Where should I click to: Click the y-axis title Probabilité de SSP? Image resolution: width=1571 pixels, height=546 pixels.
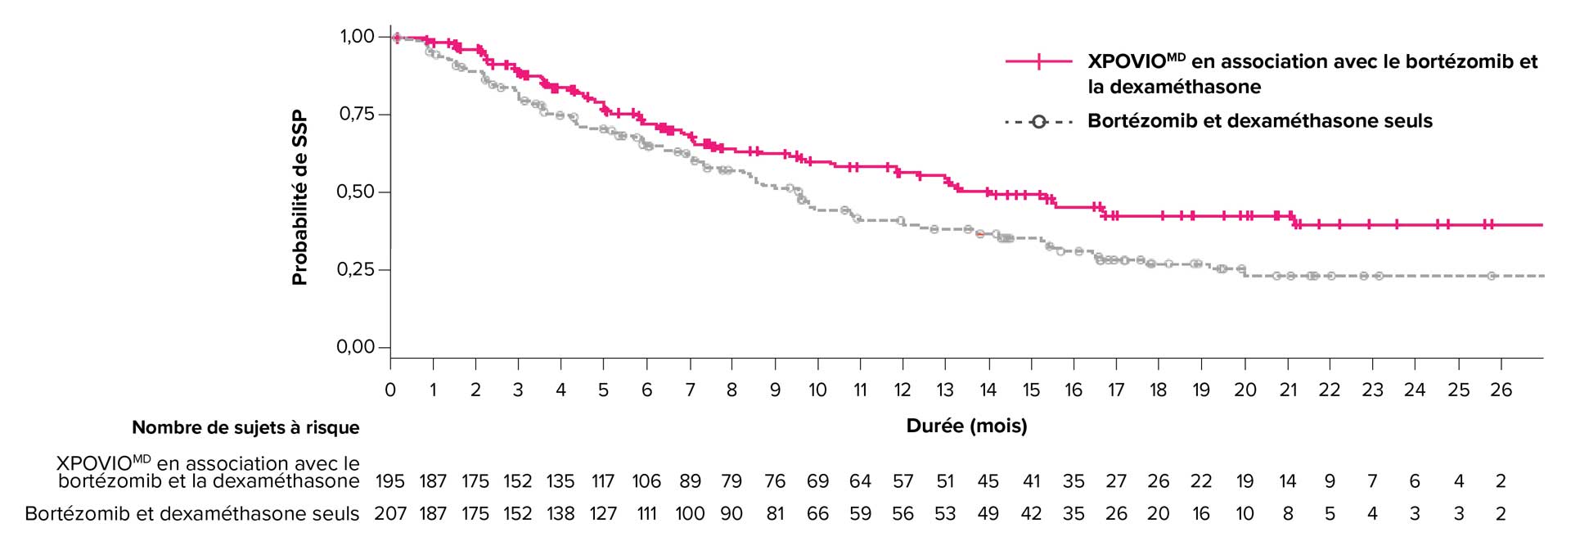(x=299, y=197)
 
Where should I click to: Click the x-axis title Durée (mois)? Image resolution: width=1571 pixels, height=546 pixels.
(x=966, y=426)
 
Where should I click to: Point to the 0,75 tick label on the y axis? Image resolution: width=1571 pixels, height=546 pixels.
(x=357, y=114)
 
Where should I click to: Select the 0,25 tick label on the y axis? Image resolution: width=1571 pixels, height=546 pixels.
(x=357, y=269)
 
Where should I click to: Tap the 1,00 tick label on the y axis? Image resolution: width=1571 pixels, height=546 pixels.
(x=358, y=36)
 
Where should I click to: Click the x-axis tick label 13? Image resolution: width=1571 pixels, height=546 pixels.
(x=945, y=390)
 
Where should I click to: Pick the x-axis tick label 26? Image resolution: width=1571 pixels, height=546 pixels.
(x=1501, y=390)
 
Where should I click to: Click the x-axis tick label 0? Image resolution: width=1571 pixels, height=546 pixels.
(x=390, y=390)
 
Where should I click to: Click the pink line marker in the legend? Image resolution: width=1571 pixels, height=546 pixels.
(x=1038, y=61)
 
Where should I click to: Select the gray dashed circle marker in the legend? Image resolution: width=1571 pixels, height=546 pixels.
(x=1038, y=122)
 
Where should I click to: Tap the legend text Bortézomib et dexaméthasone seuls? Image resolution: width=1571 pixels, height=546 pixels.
(x=1259, y=121)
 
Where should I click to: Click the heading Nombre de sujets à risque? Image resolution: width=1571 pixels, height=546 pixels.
(x=245, y=427)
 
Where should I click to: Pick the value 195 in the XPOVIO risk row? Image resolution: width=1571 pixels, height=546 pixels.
(x=390, y=481)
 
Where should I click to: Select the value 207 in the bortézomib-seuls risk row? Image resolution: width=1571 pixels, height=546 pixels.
(x=390, y=514)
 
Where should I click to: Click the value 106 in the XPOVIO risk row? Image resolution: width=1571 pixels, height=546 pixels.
(x=646, y=481)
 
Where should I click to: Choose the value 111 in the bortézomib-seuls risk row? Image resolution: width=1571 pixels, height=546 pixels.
(x=646, y=514)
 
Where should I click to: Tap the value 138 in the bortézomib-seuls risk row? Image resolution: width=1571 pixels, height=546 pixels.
(x=560, y=514)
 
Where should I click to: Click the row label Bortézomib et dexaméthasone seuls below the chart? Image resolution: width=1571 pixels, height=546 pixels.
(x=192, y=514)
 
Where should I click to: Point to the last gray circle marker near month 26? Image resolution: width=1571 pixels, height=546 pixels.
(x=1491, y=276)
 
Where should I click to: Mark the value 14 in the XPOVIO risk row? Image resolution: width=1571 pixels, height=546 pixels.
(x=1287, y=481)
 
